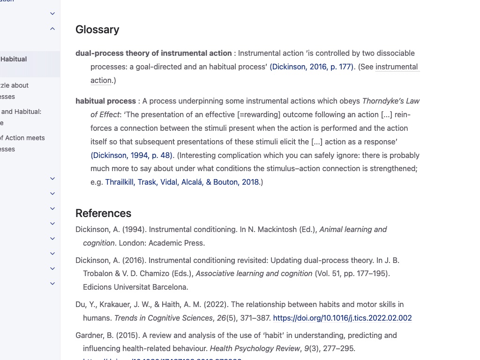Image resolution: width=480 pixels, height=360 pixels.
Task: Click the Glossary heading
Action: coord(97,30)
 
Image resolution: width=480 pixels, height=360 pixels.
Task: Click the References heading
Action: coord(103,213)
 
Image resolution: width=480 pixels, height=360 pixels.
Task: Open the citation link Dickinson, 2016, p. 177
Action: coord(311,67)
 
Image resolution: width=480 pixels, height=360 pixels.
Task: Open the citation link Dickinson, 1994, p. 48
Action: coord(132,155)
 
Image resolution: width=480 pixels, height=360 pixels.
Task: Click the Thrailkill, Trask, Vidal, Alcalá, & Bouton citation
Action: coord(182,182)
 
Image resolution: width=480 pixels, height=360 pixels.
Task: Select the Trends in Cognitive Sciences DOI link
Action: coord(342,318)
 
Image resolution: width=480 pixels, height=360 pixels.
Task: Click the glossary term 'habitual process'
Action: coord(105,101)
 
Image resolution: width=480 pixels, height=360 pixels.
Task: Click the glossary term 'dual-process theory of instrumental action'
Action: coord(153,53)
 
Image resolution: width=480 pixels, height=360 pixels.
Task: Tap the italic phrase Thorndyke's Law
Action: coord(391,101)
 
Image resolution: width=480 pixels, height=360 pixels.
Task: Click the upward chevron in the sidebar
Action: coord(52,29)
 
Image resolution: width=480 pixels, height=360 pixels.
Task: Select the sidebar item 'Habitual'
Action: coord(14,59)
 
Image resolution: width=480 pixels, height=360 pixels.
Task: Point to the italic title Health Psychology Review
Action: coord(255,348)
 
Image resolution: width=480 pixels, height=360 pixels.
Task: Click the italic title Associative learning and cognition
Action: coord(254,273)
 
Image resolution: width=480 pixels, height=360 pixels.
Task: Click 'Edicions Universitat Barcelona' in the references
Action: coord(135,287)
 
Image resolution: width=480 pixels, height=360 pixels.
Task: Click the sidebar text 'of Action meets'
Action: coord(22,138)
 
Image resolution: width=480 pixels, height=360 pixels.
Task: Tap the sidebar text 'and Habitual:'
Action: coord(21,112)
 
